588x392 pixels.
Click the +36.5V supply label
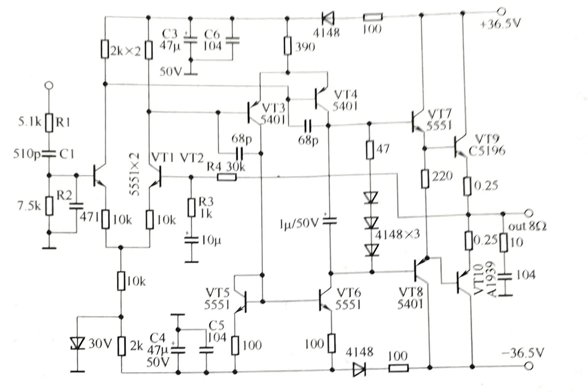pos(501,24)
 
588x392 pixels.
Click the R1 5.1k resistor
pos(49,123)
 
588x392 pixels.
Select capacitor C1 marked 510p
pos(49,153)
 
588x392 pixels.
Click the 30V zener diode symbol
pos(77,343)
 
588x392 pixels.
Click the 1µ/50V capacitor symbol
pos(329,221)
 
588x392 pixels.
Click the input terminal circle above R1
pos(49,86)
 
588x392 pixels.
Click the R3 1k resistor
pos(191,208)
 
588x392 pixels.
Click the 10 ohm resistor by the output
pos(503,242)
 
